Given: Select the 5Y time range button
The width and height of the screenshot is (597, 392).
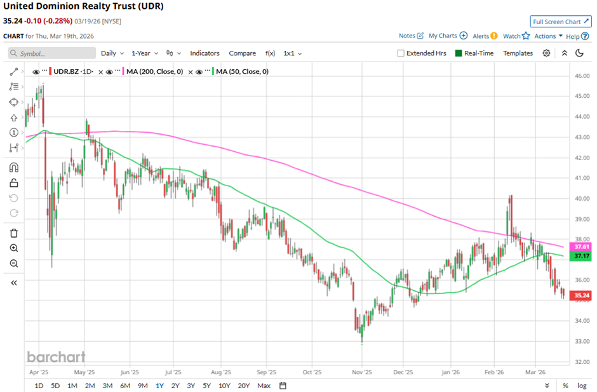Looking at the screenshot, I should [x=207, y=386].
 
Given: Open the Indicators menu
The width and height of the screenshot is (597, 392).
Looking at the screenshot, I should [x=205, y=53].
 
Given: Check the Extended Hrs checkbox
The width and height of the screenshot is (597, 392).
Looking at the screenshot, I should [x=401, y=53].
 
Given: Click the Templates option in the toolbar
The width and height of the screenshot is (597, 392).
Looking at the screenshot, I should [x=518, y=53].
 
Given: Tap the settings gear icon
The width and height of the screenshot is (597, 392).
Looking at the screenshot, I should [x=546, y=53].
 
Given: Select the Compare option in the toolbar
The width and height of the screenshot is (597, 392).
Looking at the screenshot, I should [x=242, y=53].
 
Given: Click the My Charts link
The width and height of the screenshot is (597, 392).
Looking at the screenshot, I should [x=448, y=36].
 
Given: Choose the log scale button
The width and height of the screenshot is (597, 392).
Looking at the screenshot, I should [x=581, y=386].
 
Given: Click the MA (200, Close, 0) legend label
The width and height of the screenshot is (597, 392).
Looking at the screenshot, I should [x=154, y=72].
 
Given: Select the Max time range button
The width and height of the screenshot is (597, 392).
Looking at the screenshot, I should [x=264, y=386].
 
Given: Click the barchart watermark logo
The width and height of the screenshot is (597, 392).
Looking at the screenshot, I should [x=56, y=356].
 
